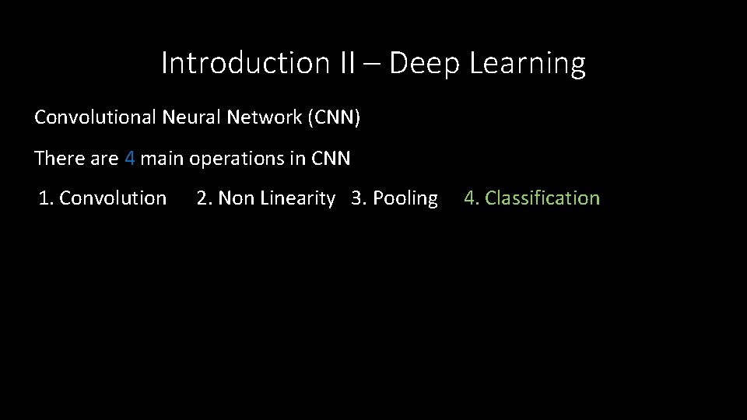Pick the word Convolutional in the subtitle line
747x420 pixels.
pos(96,118)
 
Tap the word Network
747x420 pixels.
pos(262,118)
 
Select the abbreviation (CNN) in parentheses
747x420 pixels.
pos(335,118)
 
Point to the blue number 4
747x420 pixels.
pos(130,159)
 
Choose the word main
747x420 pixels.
pos(162,159)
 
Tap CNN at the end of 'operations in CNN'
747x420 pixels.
pos(331,159)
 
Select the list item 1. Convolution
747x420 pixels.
pos(103,198)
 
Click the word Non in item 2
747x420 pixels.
pos(236,198)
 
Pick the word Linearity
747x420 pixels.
pos(297,198)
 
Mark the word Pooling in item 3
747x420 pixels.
pos(405,198)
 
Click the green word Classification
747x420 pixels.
pos(543,198)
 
